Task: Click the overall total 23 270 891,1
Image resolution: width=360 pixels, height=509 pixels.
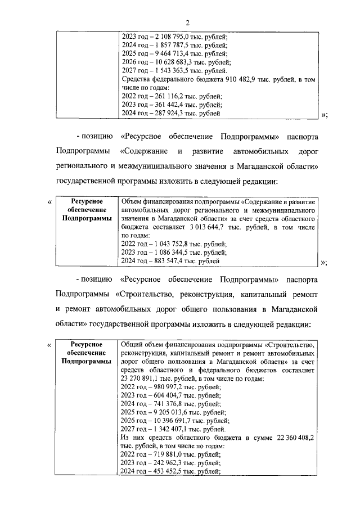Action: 141,379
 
